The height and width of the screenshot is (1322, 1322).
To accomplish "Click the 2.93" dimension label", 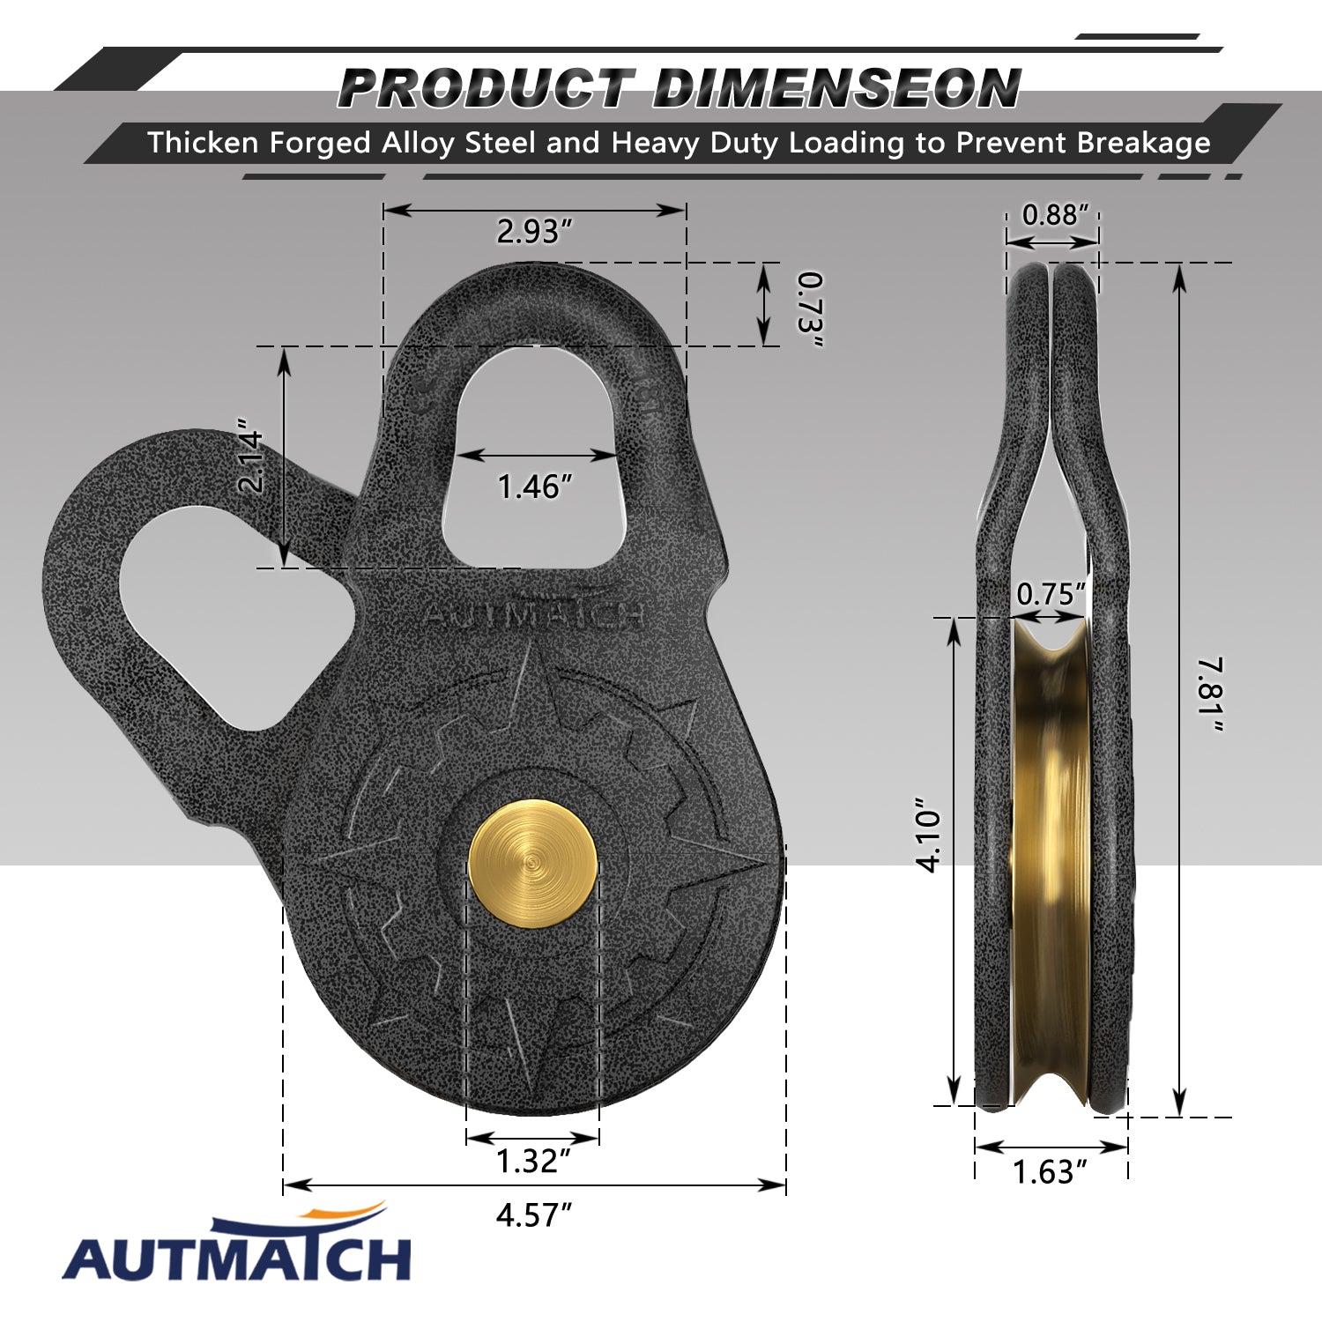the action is point(534,231).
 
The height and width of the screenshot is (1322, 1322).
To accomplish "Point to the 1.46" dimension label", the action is point(535,486).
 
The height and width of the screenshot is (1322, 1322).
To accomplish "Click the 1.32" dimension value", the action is point(533,1161).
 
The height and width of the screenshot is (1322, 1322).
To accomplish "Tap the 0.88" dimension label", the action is point(1055,214).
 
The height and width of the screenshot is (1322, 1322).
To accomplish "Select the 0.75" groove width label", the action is point(1051,594).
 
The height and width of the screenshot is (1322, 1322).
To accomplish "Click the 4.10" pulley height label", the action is point(930,836).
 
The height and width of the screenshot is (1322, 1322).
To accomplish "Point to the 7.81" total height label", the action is point(1211,694).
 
